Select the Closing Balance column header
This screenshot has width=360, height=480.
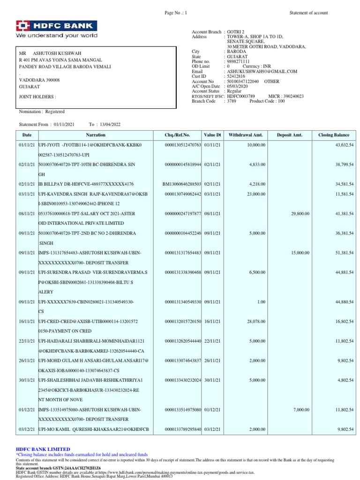(x=333, y=135)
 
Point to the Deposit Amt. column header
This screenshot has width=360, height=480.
(x=289, y=135)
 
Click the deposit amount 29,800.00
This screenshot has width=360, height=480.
(x=300, y=214)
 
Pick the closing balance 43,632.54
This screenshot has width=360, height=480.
(x=344, y=145)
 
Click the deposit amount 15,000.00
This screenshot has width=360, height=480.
(x=300, y=253)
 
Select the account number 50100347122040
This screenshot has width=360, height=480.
(x=243, y=81)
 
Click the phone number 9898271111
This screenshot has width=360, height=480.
(x=239, y=61)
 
